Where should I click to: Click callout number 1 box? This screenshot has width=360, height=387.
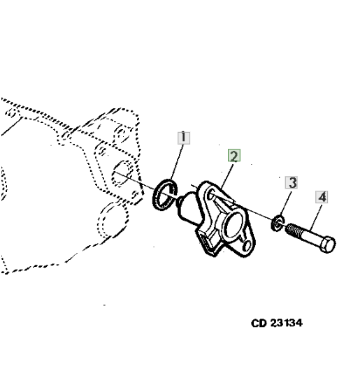(184, 138)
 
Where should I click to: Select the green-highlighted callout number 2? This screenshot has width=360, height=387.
(234, 156)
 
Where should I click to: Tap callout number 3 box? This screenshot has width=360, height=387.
(291, 182)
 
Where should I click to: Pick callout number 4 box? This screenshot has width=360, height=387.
(322, 197)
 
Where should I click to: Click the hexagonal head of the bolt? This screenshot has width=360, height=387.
(327, 244)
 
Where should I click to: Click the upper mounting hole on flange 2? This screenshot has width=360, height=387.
(211, 194)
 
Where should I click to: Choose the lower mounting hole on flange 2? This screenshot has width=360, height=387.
(247, 246)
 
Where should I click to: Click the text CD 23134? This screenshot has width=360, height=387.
(277, 323)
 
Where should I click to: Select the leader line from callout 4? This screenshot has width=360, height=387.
(316, 217)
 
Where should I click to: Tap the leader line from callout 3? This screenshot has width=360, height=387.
(286, 203)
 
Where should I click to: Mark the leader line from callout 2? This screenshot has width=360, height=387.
(227, 176)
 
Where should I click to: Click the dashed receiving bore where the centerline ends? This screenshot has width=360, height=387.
(122, 173)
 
